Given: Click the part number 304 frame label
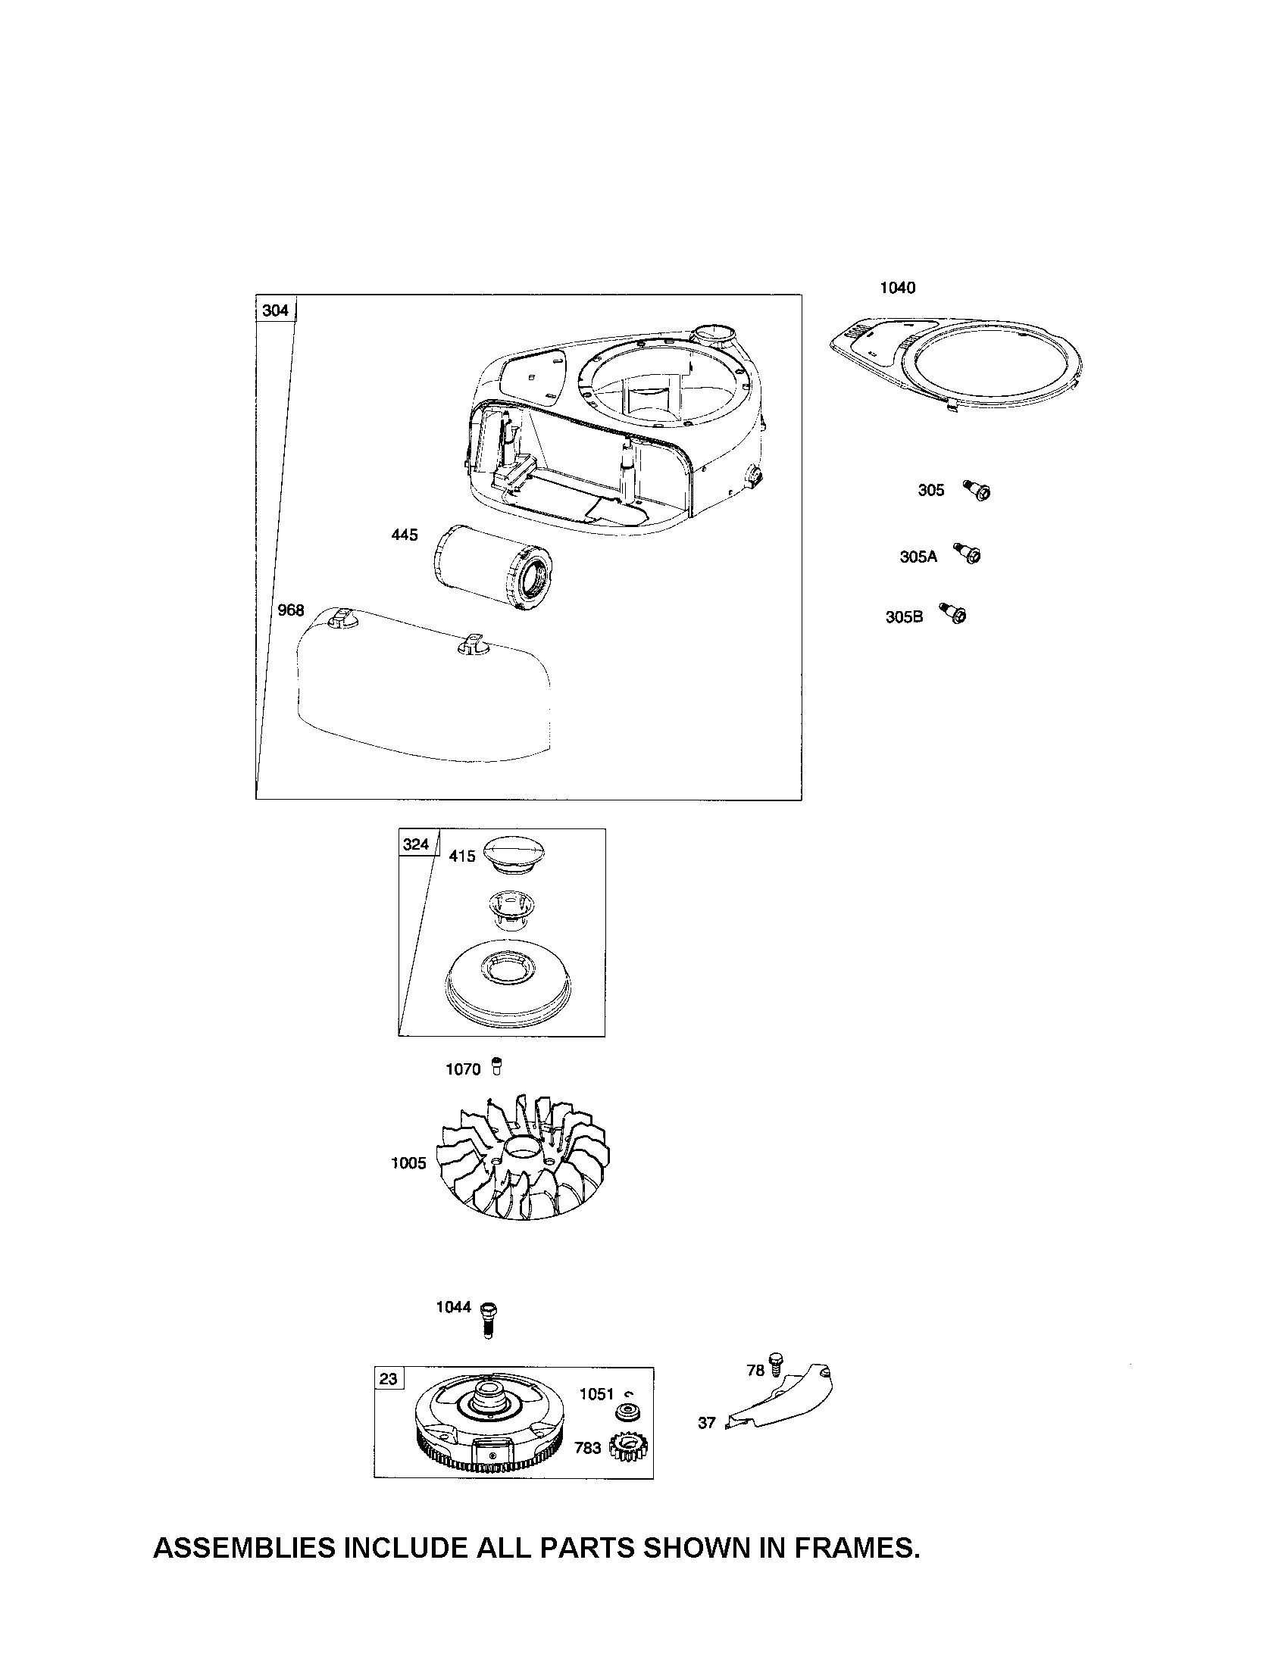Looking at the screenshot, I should [276, 310].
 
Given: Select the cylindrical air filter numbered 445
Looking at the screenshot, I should [493, 569].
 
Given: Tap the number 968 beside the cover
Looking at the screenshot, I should [291, 610].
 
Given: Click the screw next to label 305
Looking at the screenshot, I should [977, 491].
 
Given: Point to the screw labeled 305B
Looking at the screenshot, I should [954, 613].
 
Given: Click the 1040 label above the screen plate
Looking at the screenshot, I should [897, 288].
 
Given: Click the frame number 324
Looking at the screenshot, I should [416, 844].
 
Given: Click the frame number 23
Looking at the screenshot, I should [389, 1378].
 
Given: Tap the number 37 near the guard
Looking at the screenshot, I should [707, 1423].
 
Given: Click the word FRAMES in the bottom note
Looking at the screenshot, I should [857, 1548].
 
